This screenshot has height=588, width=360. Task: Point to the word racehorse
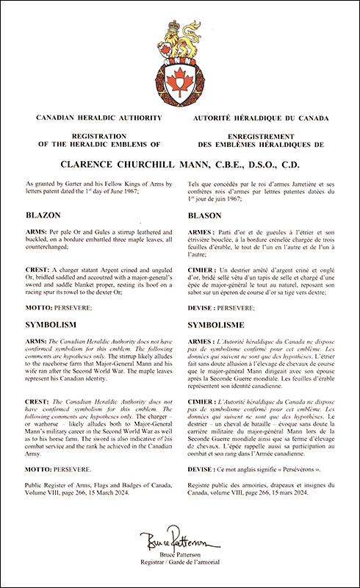(x=63, y=358)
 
